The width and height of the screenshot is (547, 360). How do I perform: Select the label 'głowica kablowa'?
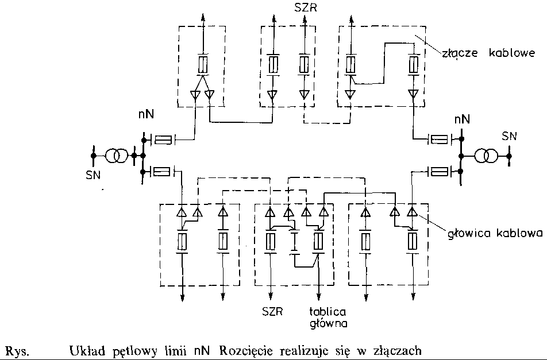coord(492,234)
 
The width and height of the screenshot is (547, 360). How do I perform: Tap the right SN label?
coord(509,136)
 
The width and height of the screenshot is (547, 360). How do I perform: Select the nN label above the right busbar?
coord(461,120)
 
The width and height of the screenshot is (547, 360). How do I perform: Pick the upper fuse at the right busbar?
coord(440,138)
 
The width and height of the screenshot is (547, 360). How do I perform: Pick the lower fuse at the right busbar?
coord(440,171)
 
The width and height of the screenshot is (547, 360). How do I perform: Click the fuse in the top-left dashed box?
coord(202,64)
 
